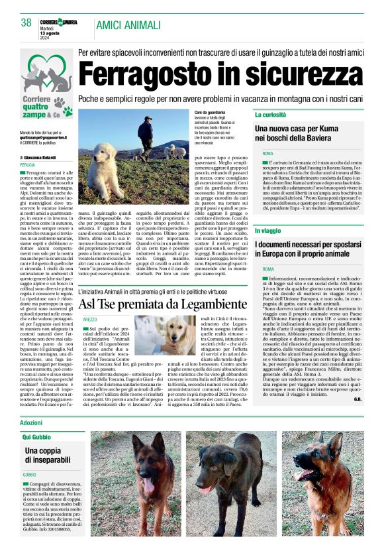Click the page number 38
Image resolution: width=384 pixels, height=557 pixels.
pos(26,22)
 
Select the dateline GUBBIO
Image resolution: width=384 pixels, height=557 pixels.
pos(30,475)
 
